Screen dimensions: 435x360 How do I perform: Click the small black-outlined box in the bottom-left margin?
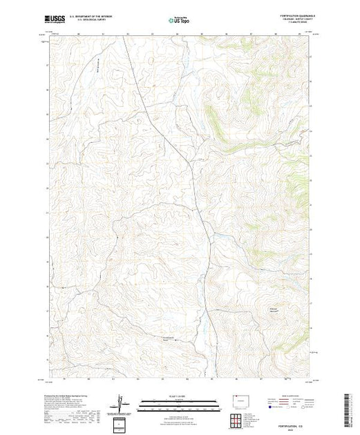click(x=122, y=423)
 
